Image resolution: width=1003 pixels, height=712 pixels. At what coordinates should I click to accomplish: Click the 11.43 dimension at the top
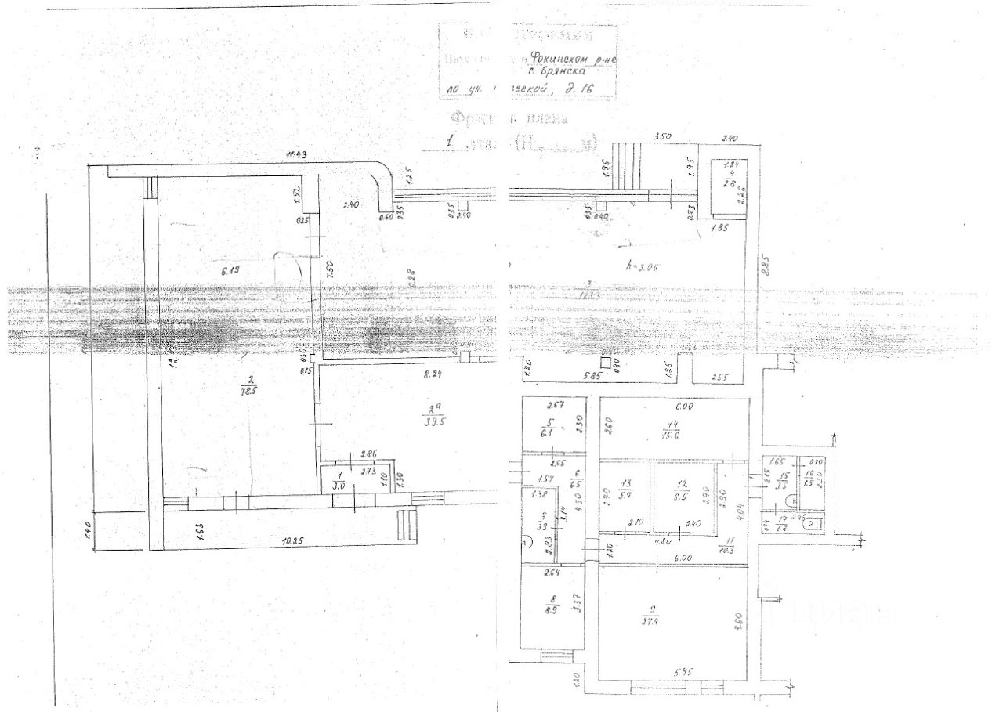(x=295, y=157)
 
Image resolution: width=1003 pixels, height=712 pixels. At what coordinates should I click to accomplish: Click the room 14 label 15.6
(x=672, y=432)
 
